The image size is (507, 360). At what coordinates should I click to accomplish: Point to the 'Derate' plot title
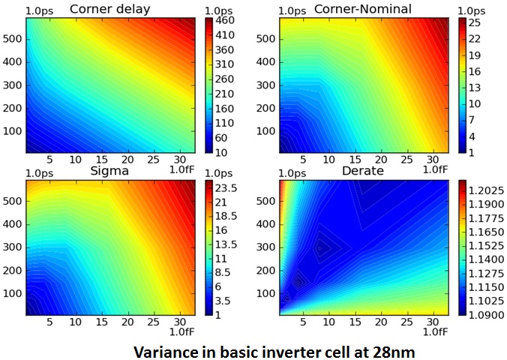364,171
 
